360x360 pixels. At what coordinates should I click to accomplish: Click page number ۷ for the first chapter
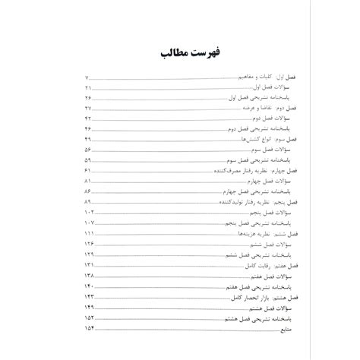89,78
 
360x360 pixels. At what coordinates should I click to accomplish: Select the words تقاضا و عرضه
227,110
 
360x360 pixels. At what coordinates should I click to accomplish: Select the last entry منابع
268,332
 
